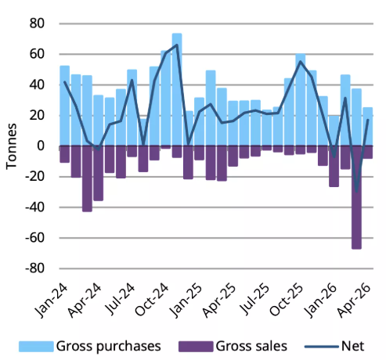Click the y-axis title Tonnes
pyautogui.click(x=11, y=146)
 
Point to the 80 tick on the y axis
pyautogui.click(x=37, y=23)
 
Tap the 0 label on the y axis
pyautogui.click(x=41, y=146)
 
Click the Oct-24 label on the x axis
pyautogui.click(x=152, y=300)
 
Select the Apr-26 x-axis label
pyautogui.click(x=354, y=300)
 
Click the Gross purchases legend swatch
pyautogui.click(x=36, y=347)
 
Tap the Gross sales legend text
pyautogui.click(x=251, y=347)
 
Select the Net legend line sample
pyautogui.click(x=322, y=347)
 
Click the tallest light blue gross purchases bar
pyautogui.click(x=177, y=89)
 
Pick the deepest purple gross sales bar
pyautogui.click(x=356, y=197)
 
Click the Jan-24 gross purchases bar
pyautogui.click(x=65, y=106)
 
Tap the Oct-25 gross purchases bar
pyautogui.click(x=301, y=99)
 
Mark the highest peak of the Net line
pyautogui.click(x=177, y=45)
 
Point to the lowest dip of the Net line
pyautogui.click(x=356, y=192)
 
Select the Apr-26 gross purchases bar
pyautogui.click(x=368, y=127)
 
